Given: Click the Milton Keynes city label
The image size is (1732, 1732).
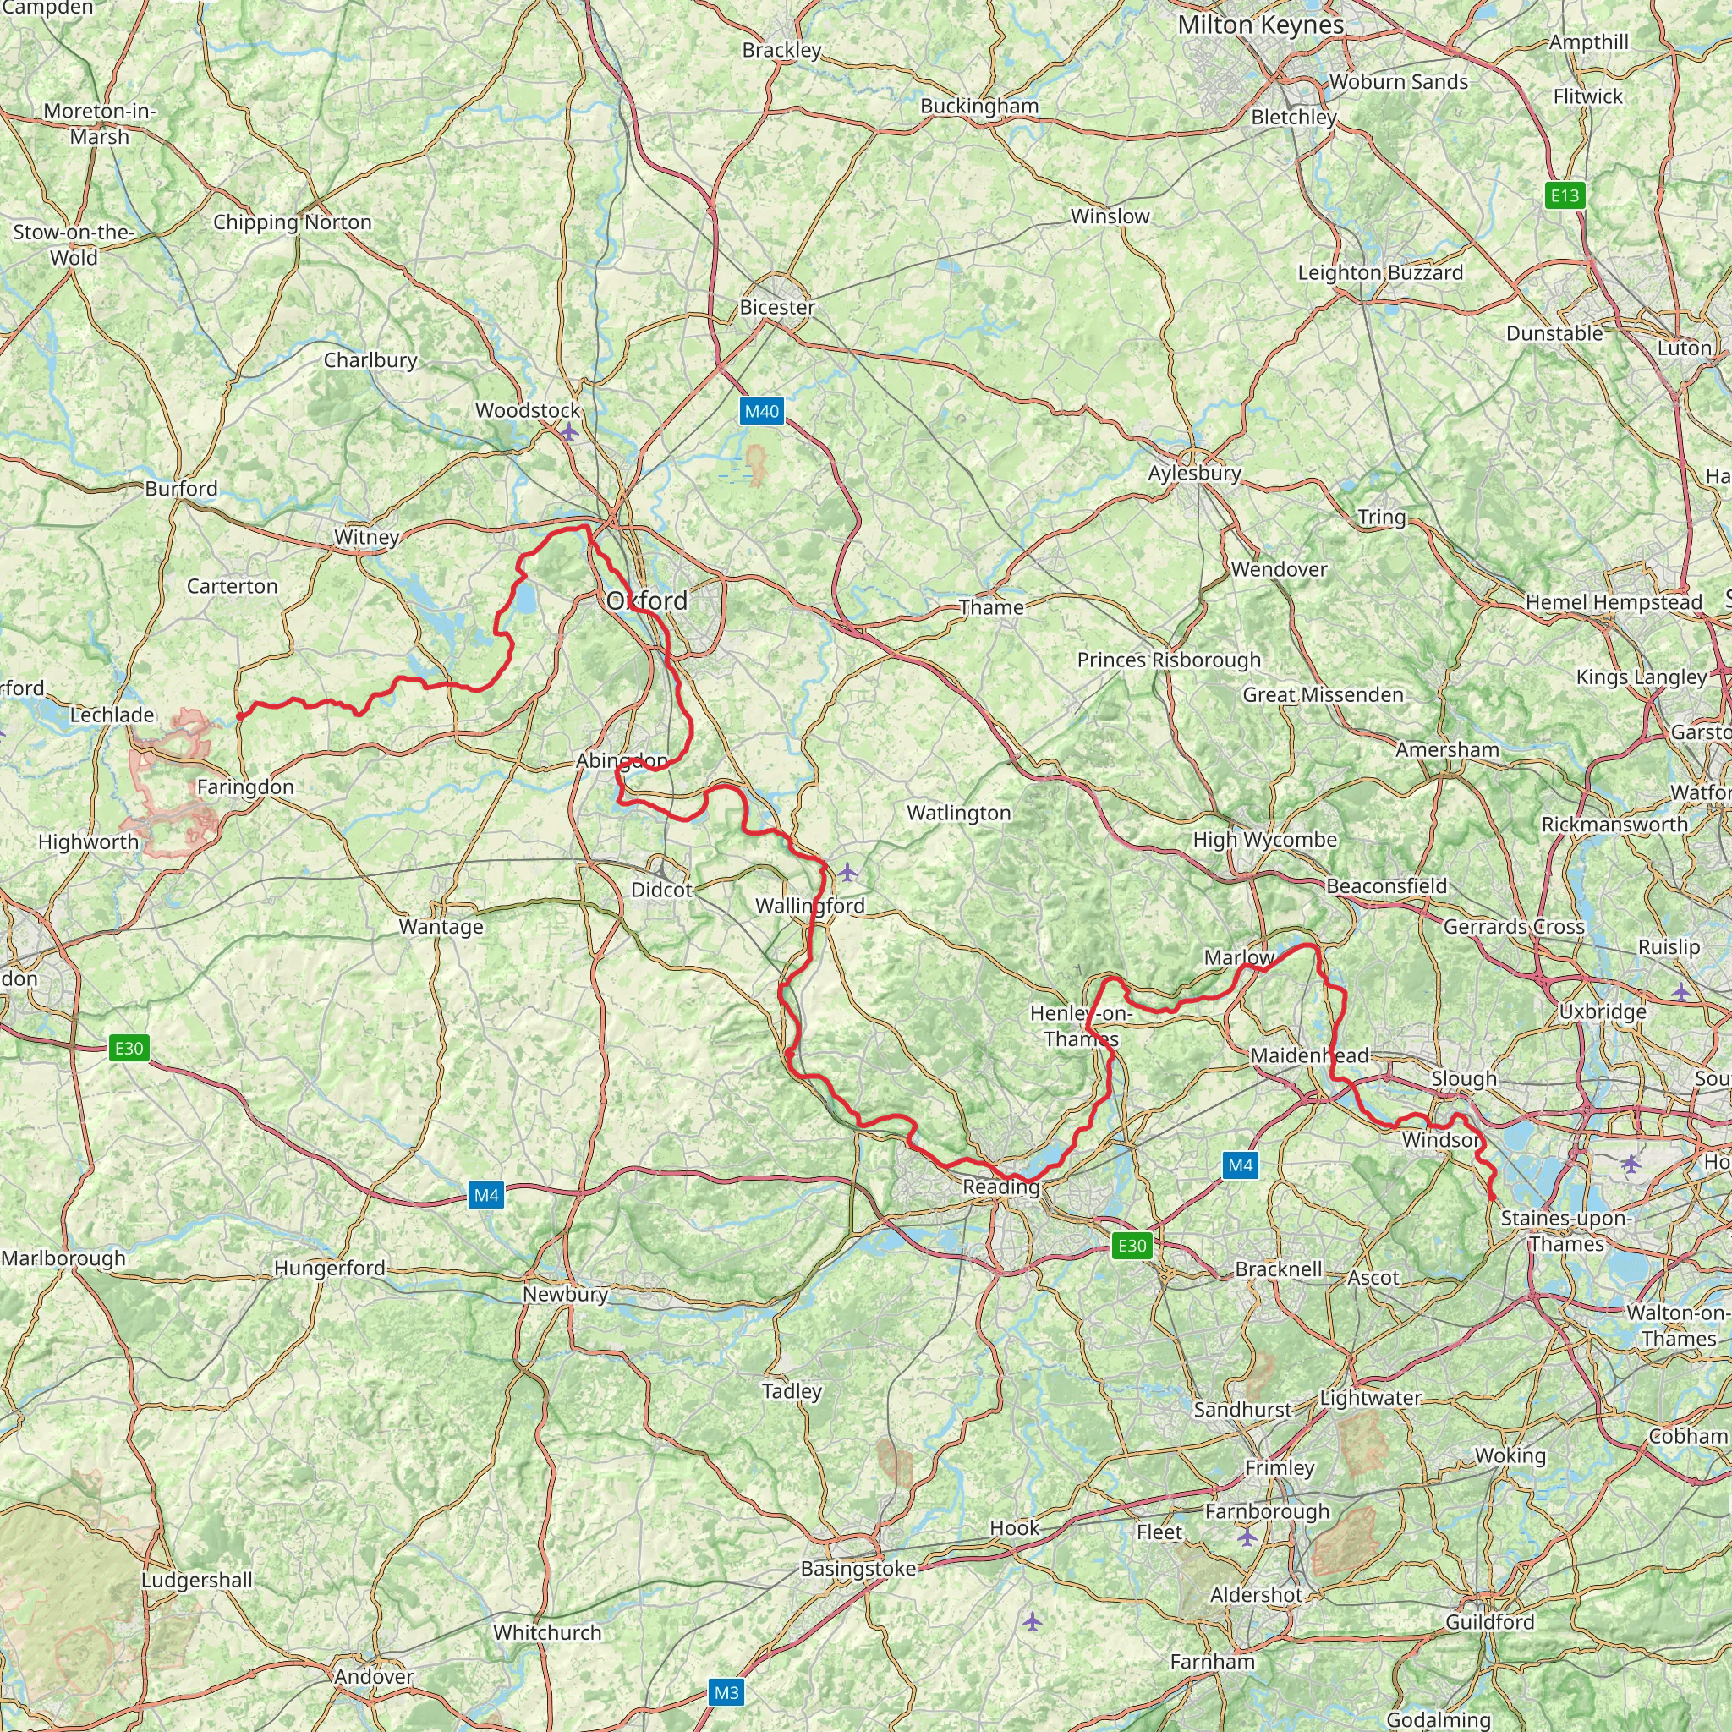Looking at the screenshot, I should pos(1260,25).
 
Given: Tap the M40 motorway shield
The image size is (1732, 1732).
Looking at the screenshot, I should pos(761,412).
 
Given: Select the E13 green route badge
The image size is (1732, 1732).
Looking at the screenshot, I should pos(1565,195).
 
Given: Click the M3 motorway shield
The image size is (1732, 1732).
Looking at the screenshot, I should pos(726,1692).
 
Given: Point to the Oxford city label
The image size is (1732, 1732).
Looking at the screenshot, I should pos(647,600).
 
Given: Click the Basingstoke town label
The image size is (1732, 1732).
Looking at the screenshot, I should pos(858,1568).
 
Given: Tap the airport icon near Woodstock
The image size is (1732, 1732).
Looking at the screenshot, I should pos(568,432).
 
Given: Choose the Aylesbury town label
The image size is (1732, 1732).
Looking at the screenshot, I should pos(1194,473).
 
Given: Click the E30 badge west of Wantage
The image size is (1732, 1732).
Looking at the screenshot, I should pos(129,1048).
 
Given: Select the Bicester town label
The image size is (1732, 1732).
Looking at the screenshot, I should pos(777,307).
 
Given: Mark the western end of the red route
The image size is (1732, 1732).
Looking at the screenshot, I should pos(240,715).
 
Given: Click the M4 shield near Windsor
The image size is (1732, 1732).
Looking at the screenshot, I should pos(1240,1165).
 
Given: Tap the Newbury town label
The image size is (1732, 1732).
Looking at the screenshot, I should pos(565,1294).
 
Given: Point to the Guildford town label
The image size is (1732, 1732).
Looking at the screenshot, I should pos(1489,1621).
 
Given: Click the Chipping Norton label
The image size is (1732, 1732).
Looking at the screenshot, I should pos(293,222).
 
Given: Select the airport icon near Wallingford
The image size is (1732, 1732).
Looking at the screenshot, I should pos(847,871).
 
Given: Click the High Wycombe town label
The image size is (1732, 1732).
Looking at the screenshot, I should pos(1264,839).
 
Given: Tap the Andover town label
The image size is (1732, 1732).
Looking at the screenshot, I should pos(374,1675).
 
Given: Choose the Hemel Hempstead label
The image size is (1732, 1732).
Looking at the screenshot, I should pos(1613,601).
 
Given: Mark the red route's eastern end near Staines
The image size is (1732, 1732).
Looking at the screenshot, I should pos(1492,1197).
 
